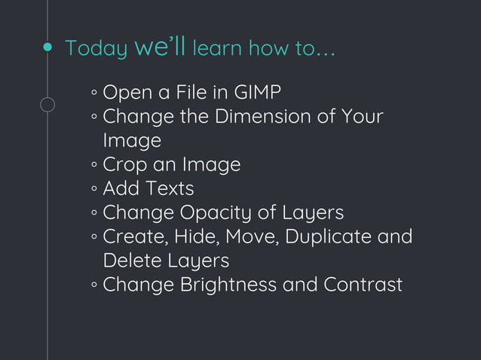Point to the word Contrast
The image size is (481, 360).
(x=363, y=285)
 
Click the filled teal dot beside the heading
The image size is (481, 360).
(x=47, y=48)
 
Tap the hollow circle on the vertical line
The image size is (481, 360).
(x=47, y=105)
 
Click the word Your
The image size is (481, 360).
(x=362, y=117)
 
